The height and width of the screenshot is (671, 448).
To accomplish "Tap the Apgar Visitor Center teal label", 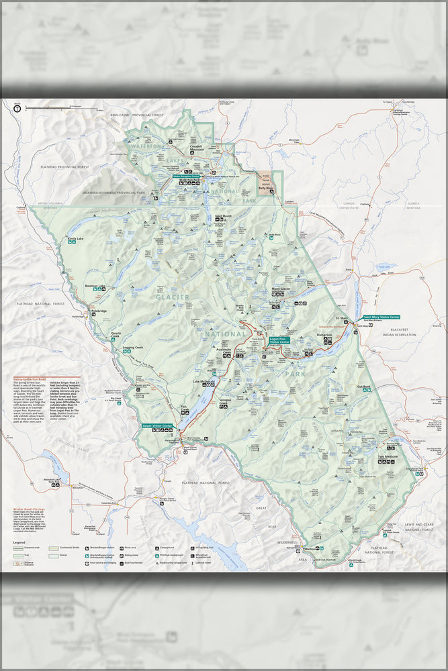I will [x=158, y=425].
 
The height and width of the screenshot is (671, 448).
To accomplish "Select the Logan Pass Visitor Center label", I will [x=279, y=340].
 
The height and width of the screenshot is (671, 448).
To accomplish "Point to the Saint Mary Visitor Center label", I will [x=381, y=316].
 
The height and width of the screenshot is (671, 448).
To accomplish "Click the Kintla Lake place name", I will [x=75, y=238].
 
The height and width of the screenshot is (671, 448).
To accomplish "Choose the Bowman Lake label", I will [x=95, y=286].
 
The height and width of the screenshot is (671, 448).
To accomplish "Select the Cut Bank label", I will [x=364, y=386].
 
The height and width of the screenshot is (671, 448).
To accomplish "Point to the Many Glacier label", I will [x=281, y=289].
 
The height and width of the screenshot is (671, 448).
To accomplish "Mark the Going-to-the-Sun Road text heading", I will [x=28, y=378].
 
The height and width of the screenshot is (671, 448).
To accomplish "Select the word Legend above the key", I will [x=19, y=541].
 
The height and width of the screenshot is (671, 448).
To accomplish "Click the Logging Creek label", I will [x=133, y=347].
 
